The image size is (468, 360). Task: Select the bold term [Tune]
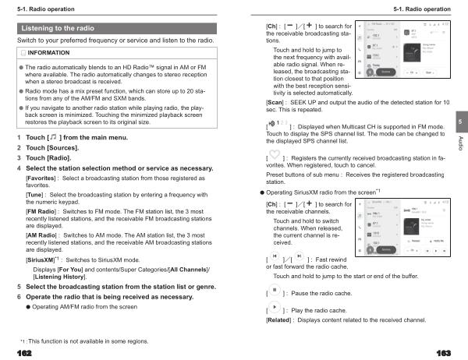36,194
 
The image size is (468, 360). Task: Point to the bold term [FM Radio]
41,211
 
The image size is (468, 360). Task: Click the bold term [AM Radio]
41,235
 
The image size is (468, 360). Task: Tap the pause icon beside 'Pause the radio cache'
274,292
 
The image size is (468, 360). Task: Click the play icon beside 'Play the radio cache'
274,309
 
